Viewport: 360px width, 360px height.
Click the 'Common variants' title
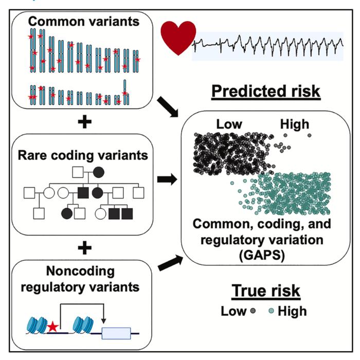click(x=84, y=22)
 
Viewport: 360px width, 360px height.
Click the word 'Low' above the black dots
click(x=229, y=124)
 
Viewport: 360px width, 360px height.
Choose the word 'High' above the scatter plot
click(x=295, y=124)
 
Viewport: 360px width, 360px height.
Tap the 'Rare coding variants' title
click(x=84, y=154)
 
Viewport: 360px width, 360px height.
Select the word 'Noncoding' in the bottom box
click(x=84, y=272)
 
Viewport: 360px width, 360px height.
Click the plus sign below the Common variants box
click(x=83, y=121)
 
